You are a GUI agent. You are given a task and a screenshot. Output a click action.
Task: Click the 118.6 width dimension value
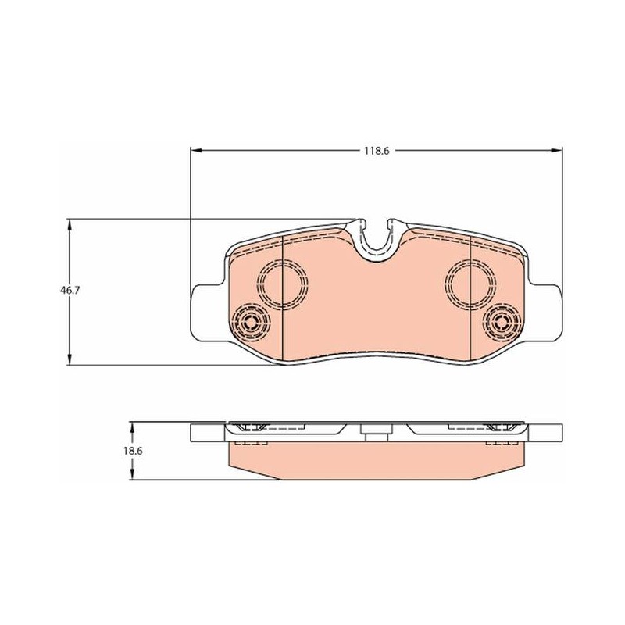click(376, 151)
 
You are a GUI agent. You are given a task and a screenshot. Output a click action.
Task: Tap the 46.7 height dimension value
click(70, 291)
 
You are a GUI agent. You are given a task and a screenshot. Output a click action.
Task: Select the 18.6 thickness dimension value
click(133, 452)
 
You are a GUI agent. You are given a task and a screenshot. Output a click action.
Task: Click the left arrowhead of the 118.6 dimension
click(197, 150)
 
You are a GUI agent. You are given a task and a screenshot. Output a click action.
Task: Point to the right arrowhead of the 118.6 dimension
click(556, 150)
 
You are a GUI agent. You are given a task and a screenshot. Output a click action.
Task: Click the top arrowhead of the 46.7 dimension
click(70, 225)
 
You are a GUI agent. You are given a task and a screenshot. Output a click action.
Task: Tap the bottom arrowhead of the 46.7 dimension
click(70, 359)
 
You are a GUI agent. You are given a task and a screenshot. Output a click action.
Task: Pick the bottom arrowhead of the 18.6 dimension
click(132, 473)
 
